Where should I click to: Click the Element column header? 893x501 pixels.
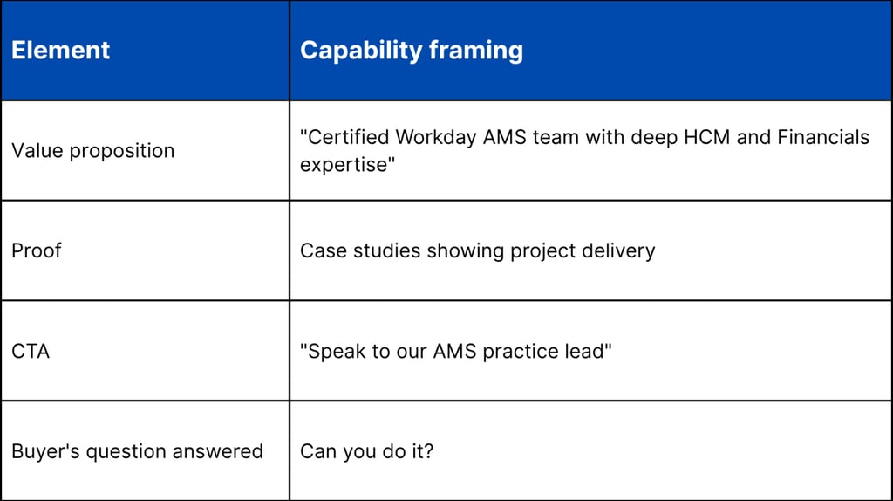click(61, 51)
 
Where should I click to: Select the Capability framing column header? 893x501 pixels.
click(412, 51)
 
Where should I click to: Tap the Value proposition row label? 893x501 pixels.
click(93, 151)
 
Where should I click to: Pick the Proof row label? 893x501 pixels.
click(37, 251)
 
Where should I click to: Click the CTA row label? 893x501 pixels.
click(31, 352)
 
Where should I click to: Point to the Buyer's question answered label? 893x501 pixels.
click(137, 451)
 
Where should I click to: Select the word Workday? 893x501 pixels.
click(435, 137)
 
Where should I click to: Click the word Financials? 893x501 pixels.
click(820, 137)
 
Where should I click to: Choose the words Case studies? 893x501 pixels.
click(360, 251)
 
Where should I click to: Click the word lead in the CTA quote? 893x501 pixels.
click(586, 352)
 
